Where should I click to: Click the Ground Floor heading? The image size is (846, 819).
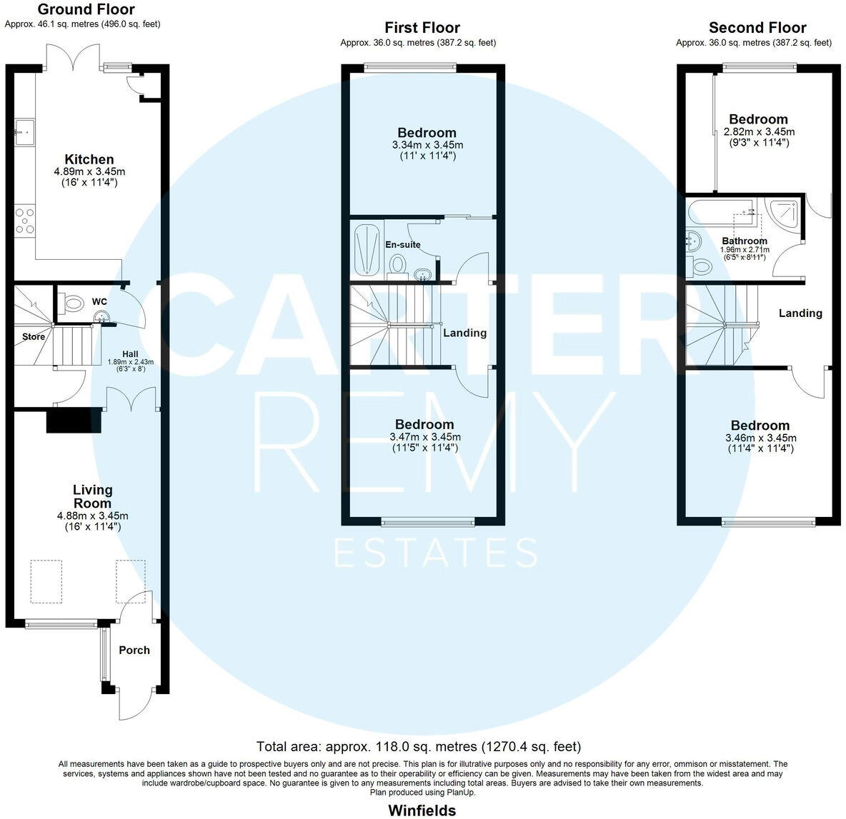(86, 9)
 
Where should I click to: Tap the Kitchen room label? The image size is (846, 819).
(89, 159)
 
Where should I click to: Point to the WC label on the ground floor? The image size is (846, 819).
(99, 302)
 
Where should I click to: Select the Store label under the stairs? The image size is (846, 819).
(34, 336)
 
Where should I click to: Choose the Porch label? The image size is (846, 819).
(134, 650)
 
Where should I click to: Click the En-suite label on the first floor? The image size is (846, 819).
(403, 244)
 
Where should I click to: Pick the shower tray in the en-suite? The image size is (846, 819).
(366, 249)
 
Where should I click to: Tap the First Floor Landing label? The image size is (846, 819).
(464, 333)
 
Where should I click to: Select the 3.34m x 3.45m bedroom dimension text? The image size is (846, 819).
(427, 145)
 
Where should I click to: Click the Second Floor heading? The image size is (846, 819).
(757, 28)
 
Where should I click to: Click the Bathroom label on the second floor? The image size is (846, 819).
(744, 241)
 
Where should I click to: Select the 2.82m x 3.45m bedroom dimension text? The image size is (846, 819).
(759, 132)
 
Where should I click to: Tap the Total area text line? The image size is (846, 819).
(419, 747)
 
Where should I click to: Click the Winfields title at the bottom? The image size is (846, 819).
(422, 810)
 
